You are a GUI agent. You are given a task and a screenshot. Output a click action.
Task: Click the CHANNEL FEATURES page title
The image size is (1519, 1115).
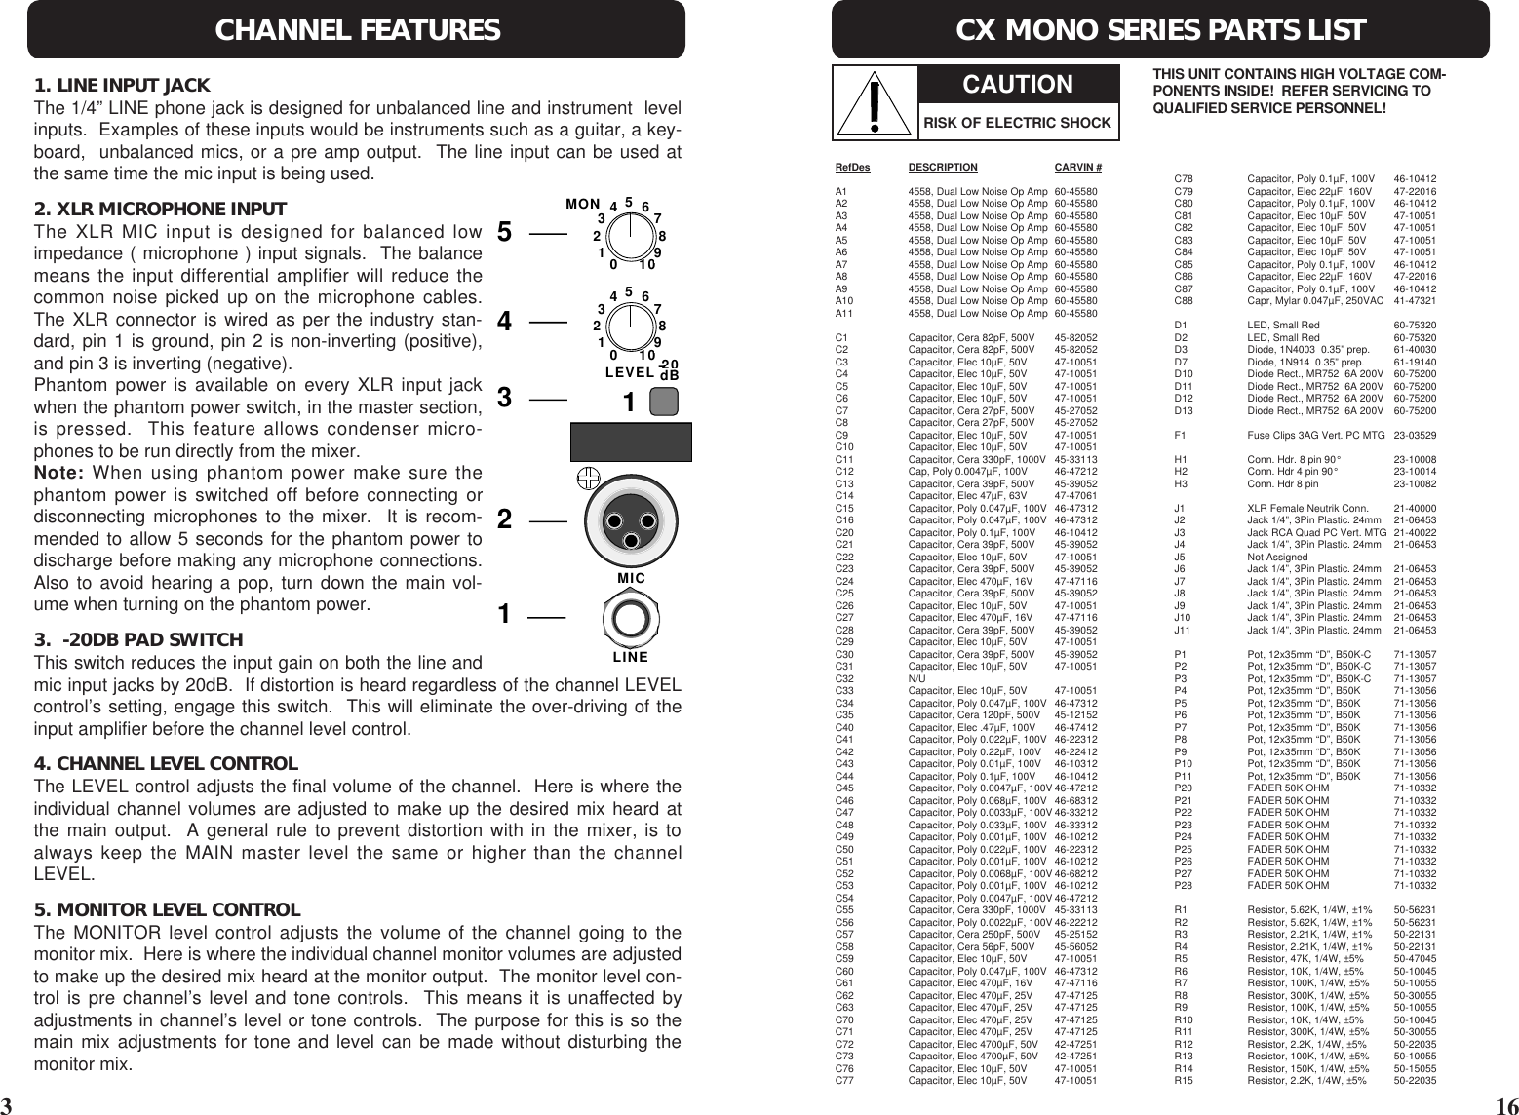click(x=357, y=30)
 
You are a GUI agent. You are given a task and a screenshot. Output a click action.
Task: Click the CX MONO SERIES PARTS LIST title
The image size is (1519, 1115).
click(x=1160, y=30)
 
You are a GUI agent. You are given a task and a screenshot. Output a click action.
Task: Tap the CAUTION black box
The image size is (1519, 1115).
click(x=1018, y=85)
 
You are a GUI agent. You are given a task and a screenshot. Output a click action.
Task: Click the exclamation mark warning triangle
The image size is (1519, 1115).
click(x=875, y=103)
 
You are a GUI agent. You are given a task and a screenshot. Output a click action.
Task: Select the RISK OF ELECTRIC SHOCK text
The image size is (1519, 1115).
click(x=1018, y=123)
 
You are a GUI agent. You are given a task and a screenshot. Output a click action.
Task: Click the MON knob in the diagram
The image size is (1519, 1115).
click(x=631, y=235)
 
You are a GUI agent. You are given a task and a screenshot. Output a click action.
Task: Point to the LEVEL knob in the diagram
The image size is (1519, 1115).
click(x=631, y=323)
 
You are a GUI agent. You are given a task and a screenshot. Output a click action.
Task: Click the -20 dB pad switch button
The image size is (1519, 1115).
click(x=665, y=403)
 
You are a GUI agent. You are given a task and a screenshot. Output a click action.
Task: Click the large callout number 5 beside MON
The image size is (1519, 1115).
click(x=504, y=233)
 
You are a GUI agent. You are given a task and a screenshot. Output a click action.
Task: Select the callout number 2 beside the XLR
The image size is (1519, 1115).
click(x=504, y=520)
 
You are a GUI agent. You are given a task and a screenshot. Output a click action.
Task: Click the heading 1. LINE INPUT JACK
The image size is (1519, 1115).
click(x=122, y=86)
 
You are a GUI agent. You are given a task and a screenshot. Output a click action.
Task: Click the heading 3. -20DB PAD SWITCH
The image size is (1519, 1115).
click(x=137, y=640)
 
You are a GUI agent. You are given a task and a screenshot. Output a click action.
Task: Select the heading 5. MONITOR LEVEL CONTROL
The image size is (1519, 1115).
click(x=167, y=910)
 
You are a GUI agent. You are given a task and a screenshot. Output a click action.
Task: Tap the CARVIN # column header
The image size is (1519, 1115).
click(x=1078, y=168)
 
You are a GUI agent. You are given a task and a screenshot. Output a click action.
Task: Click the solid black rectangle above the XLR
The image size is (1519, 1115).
click(x=631, y=442)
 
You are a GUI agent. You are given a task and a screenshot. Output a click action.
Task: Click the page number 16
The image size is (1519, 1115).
click(x=1504, y=1104)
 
